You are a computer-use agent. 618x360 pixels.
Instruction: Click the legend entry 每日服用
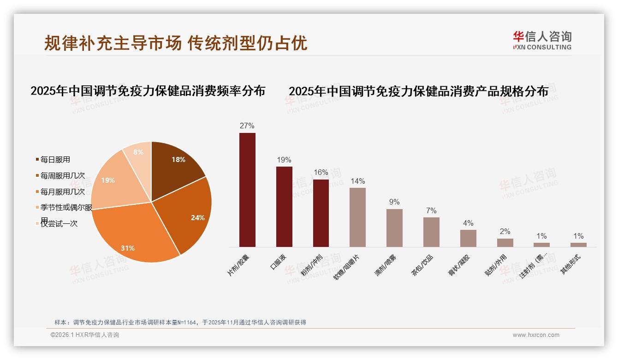[55, 160]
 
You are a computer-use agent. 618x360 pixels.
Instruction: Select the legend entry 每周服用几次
[62, 176]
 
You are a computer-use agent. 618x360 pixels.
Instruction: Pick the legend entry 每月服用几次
[62, 192]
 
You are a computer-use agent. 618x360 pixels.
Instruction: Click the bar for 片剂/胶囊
[247, 190]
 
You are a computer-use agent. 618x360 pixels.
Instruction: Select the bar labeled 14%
[357, 217]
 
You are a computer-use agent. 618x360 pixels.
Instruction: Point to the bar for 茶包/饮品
[431, 232]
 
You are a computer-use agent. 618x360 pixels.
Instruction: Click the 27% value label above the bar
[247, 126]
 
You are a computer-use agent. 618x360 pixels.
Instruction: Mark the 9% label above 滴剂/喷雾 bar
[394, 202]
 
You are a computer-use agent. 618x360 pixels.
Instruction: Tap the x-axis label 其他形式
[570, 265]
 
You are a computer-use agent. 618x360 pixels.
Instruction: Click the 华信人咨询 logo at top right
[542, 40]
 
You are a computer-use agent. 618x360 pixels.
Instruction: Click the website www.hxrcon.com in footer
[536, 335]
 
